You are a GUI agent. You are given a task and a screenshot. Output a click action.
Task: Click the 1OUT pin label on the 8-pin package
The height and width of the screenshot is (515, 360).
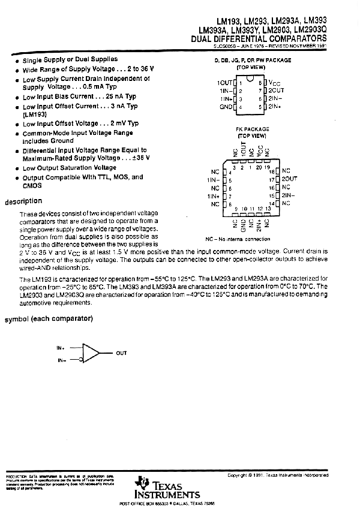pos(224,83)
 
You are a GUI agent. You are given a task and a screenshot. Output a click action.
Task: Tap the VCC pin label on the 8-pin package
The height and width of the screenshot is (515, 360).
pos(274,83)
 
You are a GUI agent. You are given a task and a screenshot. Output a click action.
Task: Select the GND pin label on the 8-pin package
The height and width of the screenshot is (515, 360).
pos(226,106)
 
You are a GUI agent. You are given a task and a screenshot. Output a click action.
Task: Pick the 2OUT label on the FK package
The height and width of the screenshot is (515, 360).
pos(289,179)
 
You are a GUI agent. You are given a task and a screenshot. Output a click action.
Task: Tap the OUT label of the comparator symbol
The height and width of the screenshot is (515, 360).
pos(121,353)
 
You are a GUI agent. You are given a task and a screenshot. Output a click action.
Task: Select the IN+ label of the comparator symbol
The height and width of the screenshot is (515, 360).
pos(61,347)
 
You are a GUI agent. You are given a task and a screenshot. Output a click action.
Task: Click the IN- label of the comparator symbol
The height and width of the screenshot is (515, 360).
pos(61,360)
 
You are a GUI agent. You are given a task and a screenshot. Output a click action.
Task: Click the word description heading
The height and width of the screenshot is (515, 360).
pos(23,201)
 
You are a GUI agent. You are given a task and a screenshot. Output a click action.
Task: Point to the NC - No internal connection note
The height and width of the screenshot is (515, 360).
pos(238,239)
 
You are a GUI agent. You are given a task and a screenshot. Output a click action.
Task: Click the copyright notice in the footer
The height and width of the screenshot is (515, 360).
pos(278,475)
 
